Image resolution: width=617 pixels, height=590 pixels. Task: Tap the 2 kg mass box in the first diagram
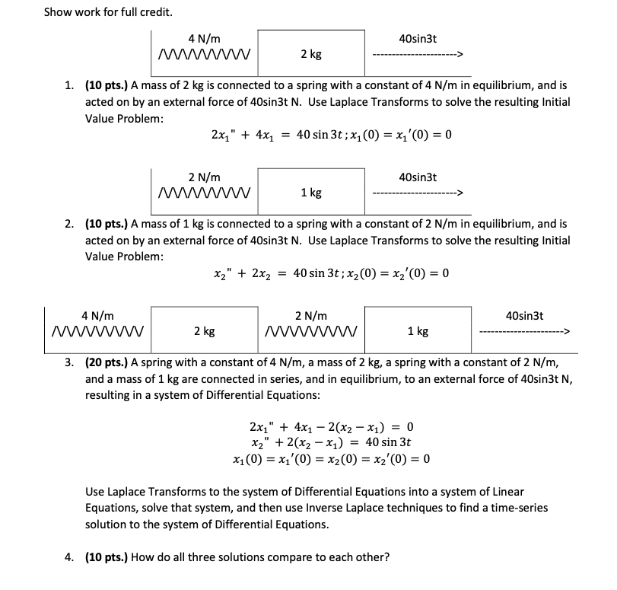(310, 54)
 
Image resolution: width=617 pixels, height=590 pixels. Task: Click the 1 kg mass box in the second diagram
(310, 193)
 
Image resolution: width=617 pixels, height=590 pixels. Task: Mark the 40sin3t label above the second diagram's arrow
(418, 177)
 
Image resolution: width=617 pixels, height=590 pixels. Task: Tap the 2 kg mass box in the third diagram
(204, 331)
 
